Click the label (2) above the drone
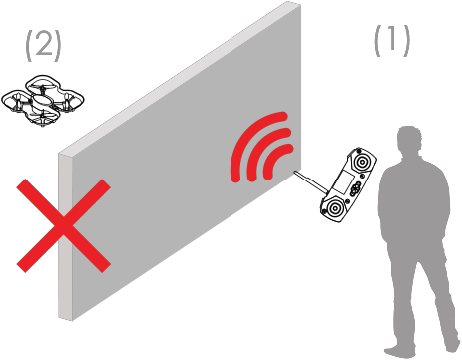[43, 46]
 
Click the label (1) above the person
[392, 41]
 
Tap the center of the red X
[63, 226]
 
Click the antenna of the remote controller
[311, 181]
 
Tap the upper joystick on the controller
[361, 162]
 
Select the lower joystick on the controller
[334, 208]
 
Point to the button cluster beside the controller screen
[355, 188]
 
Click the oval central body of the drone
[42, 100]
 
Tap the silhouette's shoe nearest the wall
[399, 352]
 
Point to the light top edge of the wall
[180, 78]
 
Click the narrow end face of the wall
[65, 236]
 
